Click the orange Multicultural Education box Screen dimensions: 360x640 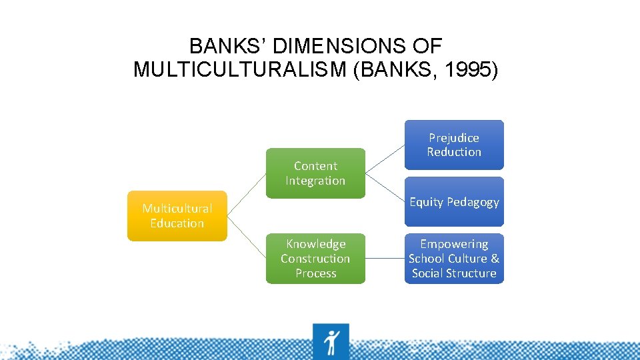[x=177, y=216]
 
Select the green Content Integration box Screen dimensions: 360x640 [x=315, y=173]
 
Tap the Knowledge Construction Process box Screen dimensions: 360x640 [x=315, y=259]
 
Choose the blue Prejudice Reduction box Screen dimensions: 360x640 [x=454, y=145]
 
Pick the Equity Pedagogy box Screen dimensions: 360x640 [x=454, y=202]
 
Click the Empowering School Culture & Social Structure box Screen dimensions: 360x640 [x=454, y=259]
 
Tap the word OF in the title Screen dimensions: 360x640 [x=430, y=46]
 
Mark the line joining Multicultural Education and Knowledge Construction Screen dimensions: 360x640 [x=246, y=237]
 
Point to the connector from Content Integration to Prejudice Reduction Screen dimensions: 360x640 [x=385, y=159]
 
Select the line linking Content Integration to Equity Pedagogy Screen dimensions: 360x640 [x=385, y=187]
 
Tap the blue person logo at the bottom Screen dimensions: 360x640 [x=331, y=341]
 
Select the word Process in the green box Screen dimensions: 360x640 [x=315, y=273]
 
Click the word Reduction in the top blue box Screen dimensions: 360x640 [x=454, y=152]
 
